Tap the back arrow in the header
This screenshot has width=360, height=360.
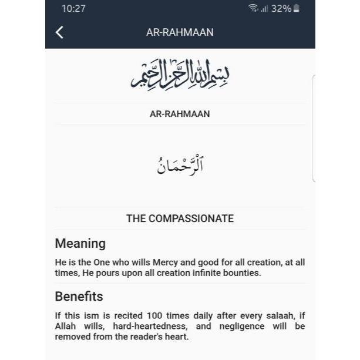[x=59, y=32]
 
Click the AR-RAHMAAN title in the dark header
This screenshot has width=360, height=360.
[x=180, y=32]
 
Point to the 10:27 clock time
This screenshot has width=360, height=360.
[x=73, y=9]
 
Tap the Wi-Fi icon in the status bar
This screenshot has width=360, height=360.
[x=253, y=9]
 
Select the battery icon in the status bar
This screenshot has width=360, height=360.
[x=297, y=9]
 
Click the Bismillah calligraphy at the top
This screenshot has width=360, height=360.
[x=180, y=75]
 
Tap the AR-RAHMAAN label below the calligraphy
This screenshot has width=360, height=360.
[x=180, y=114]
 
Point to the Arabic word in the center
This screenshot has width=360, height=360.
[x=180, y=165]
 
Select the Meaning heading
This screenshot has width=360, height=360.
[x=80, y=243]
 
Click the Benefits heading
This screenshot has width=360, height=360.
[x=79, y=296]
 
